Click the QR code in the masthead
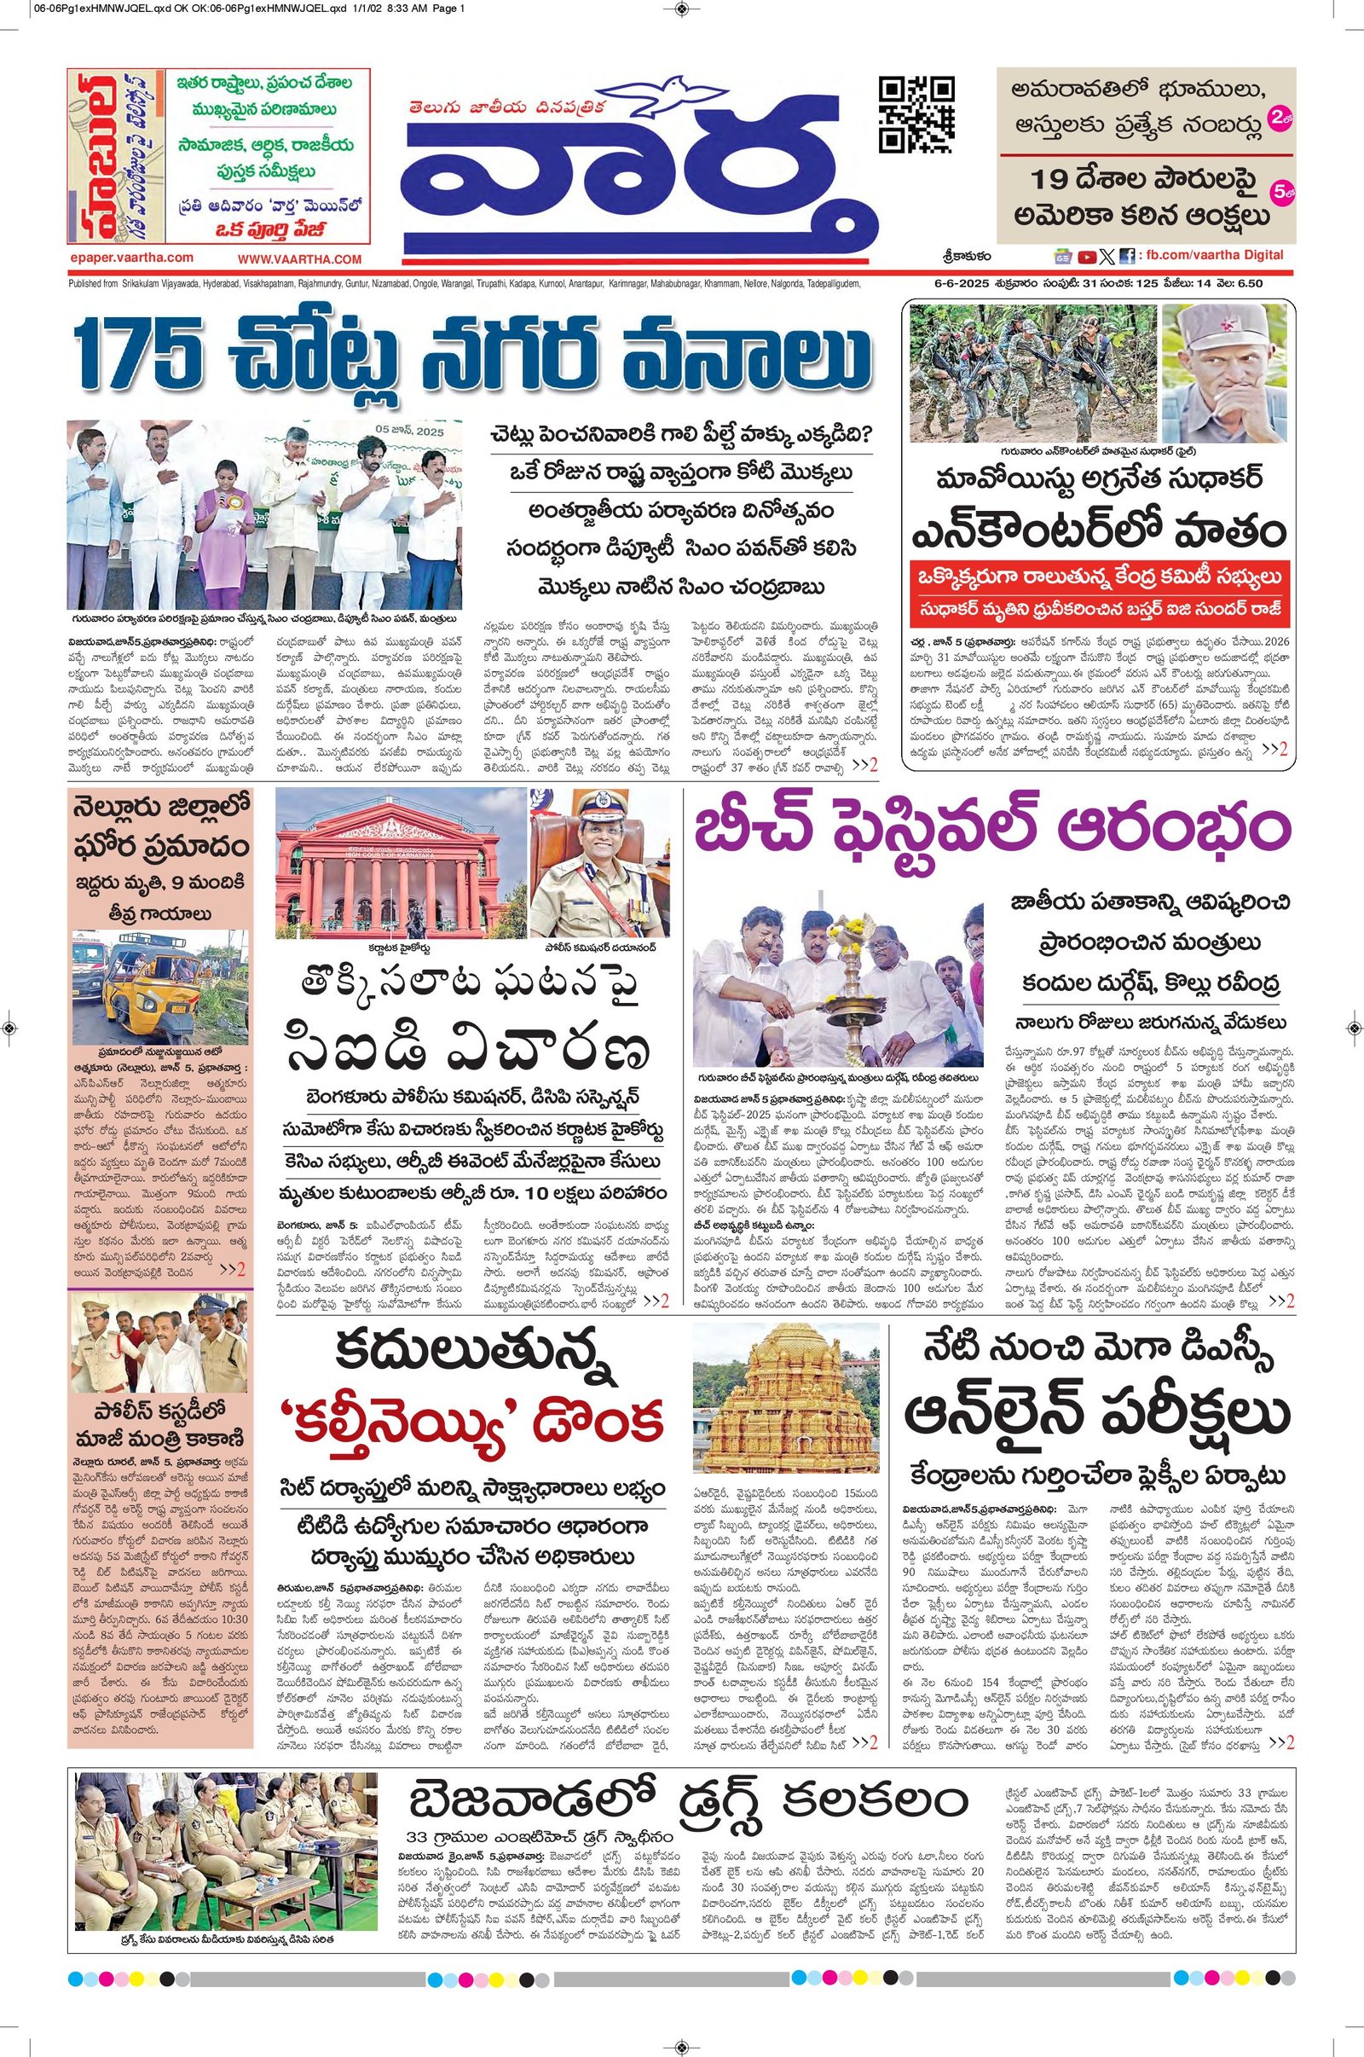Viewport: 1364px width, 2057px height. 913,113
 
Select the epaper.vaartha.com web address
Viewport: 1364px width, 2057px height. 130,258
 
